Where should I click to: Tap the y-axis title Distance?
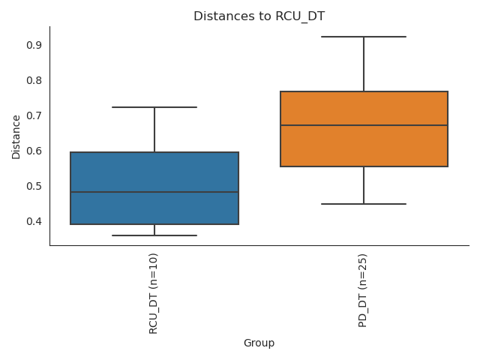(x=16, y=136)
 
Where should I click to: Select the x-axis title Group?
(x=259, y=343)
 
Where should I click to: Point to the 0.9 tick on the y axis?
(x=34, y=45)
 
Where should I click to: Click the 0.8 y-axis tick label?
(x=34, y=80)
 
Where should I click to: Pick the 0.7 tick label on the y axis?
(x=34, y=115)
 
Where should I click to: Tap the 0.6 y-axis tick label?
(x=34, y=151)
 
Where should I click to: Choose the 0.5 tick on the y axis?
(x=34, y=186)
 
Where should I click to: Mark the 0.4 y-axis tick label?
(x=34, y=221)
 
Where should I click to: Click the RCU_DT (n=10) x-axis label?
(x=154, y=293)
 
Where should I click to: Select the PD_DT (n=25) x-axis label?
(x=364, y=290)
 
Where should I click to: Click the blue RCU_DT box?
(x=154, y=172)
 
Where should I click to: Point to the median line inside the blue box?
(x=154, y=192)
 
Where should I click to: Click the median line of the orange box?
(x=364, y=125)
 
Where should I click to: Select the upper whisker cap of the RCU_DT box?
(x=154, y=107)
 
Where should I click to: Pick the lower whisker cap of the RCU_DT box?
(x=154, y=235)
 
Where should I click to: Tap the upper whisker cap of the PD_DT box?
(x=364, y=37)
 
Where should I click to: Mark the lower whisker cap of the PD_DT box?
(x=364, y=204)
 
